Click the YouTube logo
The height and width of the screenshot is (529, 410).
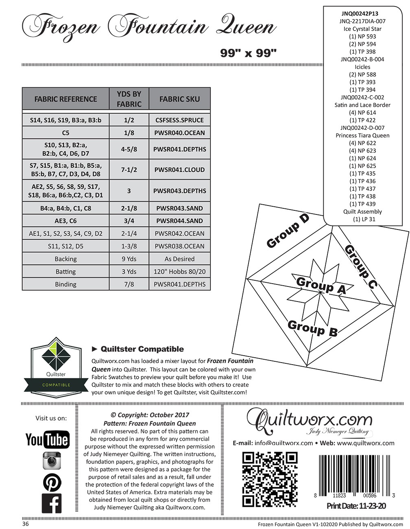47,439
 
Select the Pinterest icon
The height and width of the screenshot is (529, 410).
52,483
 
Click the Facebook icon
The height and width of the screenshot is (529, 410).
52,504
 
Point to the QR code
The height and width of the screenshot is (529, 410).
270,479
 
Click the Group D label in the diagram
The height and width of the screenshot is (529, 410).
288,230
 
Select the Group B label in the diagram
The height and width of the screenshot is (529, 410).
312,328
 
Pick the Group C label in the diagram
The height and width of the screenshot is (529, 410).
360,267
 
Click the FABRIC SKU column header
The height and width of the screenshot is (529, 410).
179,99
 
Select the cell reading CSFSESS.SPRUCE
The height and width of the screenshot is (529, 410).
179,120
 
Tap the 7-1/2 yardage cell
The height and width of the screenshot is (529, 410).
129,170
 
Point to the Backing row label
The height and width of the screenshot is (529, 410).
65,259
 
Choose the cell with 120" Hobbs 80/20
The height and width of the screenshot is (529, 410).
179,271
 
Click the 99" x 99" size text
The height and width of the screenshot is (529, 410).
248,53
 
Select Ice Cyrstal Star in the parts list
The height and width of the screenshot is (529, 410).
362,29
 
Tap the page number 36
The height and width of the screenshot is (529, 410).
26,524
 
